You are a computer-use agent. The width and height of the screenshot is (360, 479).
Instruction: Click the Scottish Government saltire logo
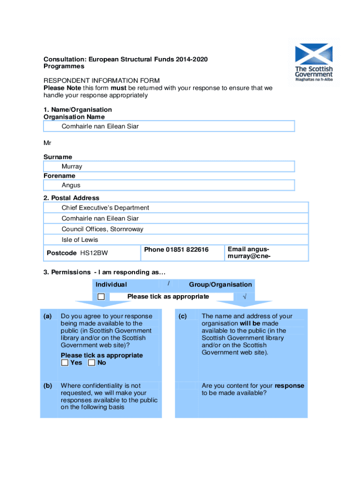point(313,54)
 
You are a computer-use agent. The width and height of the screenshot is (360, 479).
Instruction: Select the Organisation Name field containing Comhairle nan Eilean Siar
point(169,126)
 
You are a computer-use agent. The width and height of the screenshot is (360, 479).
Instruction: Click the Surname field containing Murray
point(169,167)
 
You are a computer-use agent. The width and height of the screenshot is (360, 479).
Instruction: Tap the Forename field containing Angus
point(169,185)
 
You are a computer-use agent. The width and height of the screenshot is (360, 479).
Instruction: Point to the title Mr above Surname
point(48,142)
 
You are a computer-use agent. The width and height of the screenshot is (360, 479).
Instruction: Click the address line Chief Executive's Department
point(105,208)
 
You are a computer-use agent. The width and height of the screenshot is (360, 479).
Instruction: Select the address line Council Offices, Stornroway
point(102,229)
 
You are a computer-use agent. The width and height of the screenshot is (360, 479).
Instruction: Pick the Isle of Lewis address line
point(80,240)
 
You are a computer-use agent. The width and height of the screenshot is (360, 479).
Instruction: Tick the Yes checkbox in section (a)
point(65,363)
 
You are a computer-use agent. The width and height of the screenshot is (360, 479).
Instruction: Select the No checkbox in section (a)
point(92,363)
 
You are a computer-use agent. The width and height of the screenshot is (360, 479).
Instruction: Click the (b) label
point(48,386)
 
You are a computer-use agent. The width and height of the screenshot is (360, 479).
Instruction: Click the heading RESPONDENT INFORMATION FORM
point(101,80)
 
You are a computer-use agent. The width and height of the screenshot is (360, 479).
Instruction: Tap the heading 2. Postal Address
point(71,198)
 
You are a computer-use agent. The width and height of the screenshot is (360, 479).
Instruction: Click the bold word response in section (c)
point(289,386)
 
